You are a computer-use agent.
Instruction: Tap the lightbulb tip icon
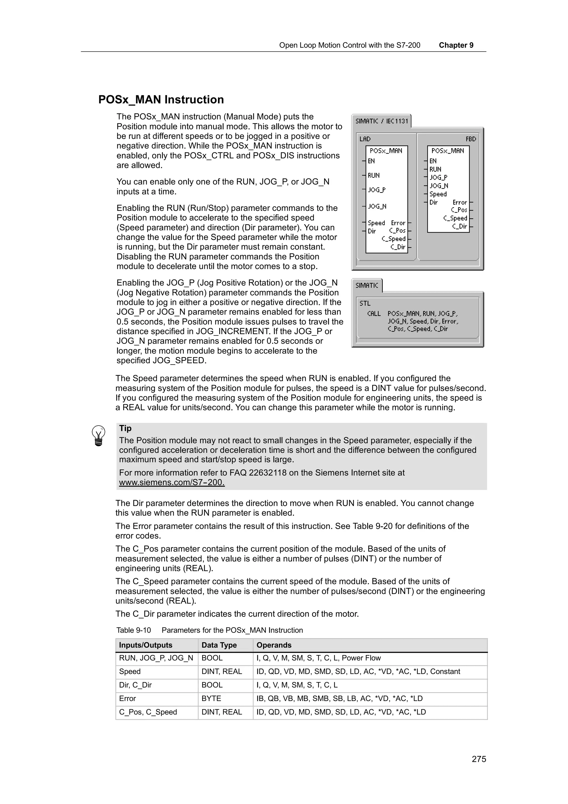98,435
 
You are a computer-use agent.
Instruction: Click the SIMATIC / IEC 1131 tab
381,121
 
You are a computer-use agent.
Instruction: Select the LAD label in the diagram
365,139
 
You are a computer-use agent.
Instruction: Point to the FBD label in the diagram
471,139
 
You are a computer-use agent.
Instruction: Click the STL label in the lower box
365,303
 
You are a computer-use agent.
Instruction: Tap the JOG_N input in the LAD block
377,206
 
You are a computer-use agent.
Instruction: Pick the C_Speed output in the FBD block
455,218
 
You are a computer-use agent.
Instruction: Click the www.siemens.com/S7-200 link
171,482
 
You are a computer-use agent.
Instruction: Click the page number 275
479,759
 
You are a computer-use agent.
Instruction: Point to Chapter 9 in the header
456,45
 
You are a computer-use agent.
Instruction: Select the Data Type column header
219,645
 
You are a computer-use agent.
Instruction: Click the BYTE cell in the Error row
211,698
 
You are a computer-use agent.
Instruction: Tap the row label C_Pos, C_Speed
148,712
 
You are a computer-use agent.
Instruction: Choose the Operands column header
274,645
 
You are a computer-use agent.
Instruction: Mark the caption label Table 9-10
133,630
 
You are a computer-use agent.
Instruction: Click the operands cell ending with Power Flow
318,658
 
